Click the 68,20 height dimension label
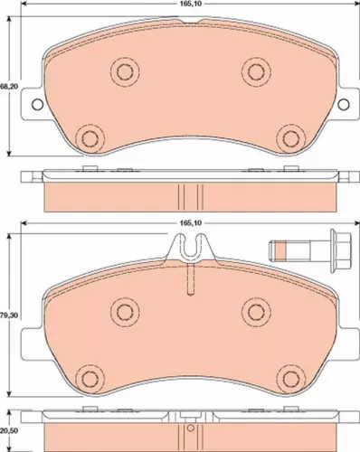7,86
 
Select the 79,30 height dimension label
7,315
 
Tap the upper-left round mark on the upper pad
121,71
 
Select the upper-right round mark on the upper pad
255,71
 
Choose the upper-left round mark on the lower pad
121,312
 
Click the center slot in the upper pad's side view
188,195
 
